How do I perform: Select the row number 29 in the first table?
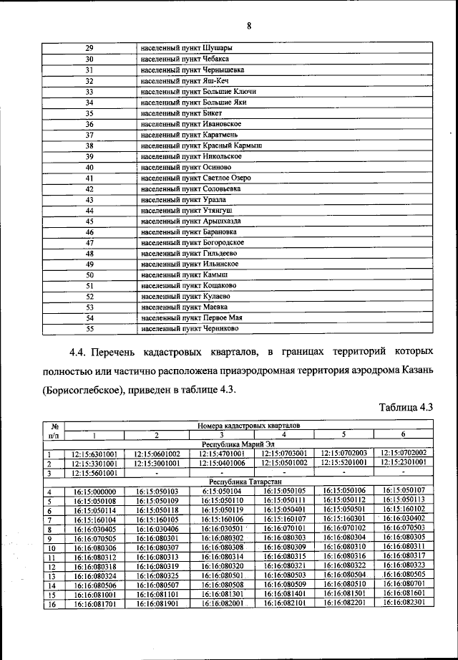pos(90,48)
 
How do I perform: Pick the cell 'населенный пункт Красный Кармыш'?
pos(201,145)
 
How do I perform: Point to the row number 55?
pos(90,329)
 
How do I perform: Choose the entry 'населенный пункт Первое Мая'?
pos(192,317)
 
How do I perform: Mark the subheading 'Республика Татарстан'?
pos(249,482)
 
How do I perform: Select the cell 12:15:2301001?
pos(404,463)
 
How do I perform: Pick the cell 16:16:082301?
pos(404,603)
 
